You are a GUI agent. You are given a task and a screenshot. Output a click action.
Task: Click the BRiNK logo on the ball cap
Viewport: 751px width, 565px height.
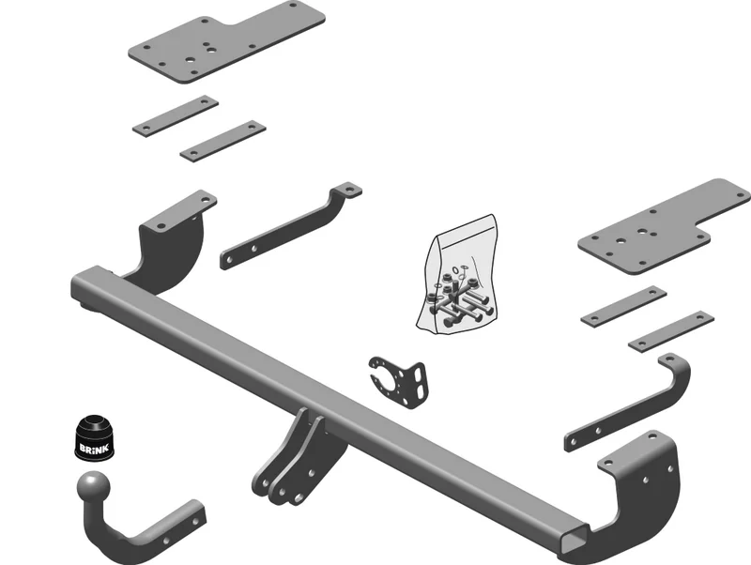pyautogui.click(x=95, y=449)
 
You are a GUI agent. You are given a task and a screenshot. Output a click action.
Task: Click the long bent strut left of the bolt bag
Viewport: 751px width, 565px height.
pyautogui.click(x=291, y=225)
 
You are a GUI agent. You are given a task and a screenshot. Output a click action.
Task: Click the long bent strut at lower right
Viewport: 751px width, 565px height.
pyautogui.click(x=628, y=403)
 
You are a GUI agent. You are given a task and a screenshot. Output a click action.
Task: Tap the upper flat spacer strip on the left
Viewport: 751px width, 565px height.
pyautogui.click(x=176, y=115)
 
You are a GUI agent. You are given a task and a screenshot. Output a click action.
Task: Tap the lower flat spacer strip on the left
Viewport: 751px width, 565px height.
pyautogui.click(x=222, y=141)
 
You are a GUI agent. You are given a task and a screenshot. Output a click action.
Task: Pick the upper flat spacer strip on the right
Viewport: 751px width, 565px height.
pyautogui.click(x=623, y=307)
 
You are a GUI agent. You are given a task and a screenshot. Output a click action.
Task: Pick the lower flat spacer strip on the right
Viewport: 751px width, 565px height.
pyautogui.click(x=671, y=331)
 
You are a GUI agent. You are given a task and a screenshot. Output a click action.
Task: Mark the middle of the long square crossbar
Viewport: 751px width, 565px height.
pyautogui.click(x=330, y=407)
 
